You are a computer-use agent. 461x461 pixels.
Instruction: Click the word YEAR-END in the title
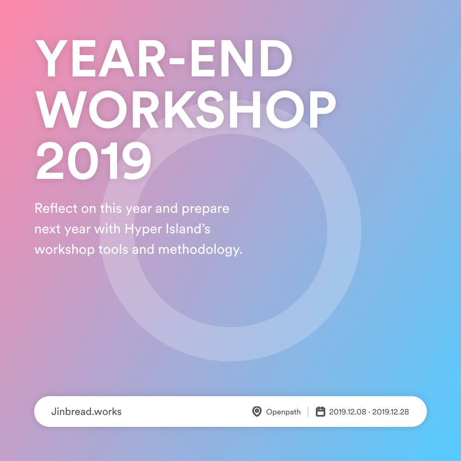coord(164,58)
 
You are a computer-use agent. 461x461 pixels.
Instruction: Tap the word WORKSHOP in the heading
coord(186,109)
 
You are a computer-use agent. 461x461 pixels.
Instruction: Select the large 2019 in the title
coord(94,160)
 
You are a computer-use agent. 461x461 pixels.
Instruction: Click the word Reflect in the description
coord(56,208)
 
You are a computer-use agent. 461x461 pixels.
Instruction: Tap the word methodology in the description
coord(200,249)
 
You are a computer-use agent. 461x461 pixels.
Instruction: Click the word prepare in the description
coord(206,209)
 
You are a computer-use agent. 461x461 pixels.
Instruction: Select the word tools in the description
coord(113,249)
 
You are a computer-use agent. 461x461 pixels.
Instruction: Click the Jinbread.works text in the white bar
coord(87,411)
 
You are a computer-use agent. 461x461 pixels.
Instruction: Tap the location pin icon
coord(257,411)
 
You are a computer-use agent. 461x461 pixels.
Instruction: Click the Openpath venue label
coord(284,412)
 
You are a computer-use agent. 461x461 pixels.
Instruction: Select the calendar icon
coord(320,411)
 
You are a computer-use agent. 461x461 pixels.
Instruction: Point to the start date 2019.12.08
coord(348,412)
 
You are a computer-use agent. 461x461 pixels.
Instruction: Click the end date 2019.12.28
coord(390,412)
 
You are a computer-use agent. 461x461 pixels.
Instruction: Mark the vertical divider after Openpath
coord(308,411)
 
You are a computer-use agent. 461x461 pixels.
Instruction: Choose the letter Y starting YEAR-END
coord(52,58)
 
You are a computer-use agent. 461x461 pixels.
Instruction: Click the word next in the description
coord(47,229)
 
